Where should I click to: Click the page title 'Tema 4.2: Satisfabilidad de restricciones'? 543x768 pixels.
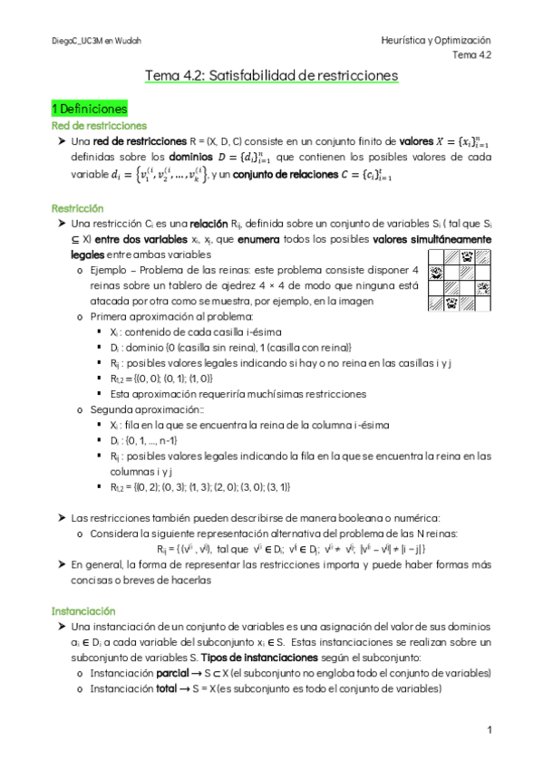(271, 78)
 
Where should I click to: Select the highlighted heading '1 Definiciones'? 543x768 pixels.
(89, 108)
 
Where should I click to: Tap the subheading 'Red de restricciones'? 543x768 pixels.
(99, 126)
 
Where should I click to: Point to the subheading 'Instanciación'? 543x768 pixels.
(84, 586)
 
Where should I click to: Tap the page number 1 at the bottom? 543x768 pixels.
(489, 730)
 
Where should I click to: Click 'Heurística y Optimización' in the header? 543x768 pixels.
(435, 41)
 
